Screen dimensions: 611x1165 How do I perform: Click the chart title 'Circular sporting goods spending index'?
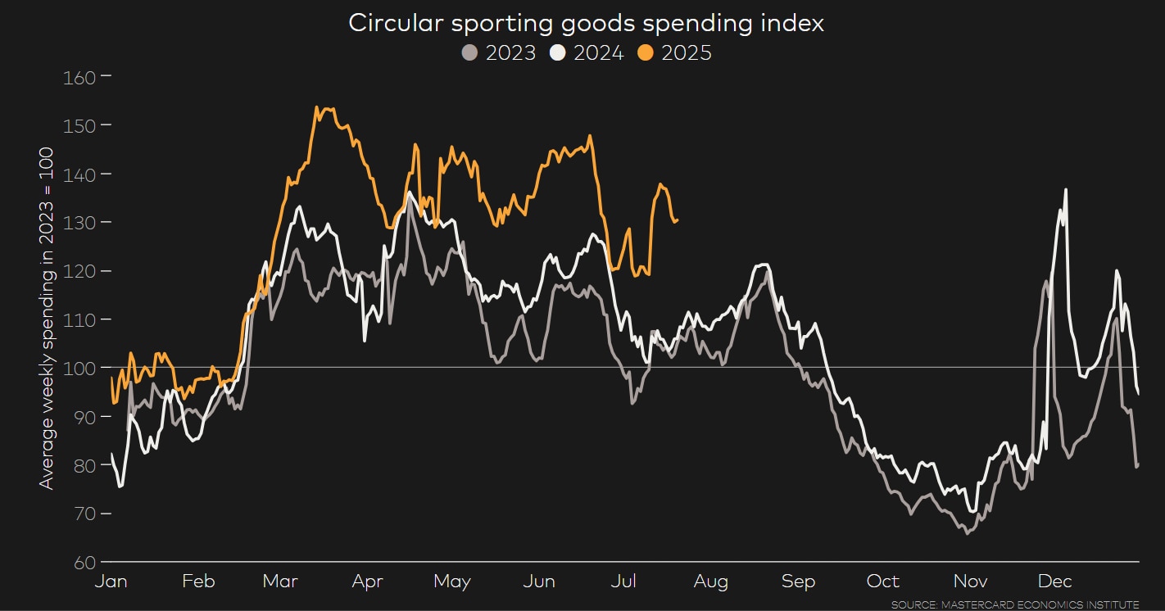coord(586,23)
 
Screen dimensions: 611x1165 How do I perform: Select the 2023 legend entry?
coord(499,53)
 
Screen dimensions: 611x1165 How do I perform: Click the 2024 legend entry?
coord(587,53)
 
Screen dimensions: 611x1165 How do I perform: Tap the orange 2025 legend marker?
coord(646,53)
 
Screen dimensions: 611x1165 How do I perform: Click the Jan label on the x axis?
coord(111,582)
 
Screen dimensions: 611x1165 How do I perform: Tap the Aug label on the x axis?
coord(710,582)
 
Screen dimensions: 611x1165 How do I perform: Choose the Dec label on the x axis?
coord(1054,582)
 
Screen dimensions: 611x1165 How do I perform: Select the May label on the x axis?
coord(452,582)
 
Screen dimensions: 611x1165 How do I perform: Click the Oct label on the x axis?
coord(883,582)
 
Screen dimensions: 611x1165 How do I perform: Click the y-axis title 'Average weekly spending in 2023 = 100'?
coord(47,319)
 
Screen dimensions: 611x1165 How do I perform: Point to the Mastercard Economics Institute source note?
coord(1014,604)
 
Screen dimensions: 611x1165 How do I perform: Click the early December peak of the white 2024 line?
coord(1066,190)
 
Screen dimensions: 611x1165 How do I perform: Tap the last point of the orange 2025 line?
coord(677,220)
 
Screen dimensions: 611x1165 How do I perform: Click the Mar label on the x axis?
coord(280,582)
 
